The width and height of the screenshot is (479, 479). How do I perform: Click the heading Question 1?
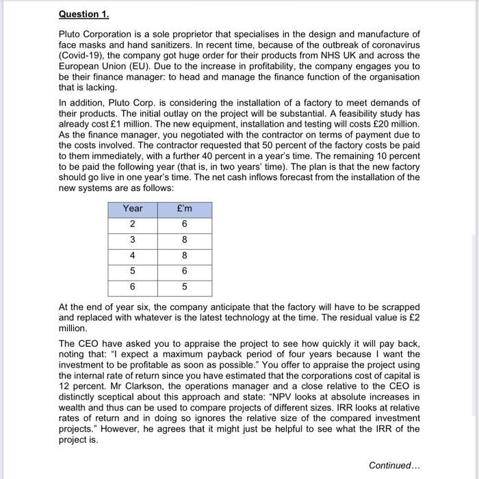[84, 14]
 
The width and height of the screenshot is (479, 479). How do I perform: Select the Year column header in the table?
[133, 209]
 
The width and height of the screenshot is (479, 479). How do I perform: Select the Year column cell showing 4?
[133, 256]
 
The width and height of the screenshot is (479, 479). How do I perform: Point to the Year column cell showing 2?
[133, 224]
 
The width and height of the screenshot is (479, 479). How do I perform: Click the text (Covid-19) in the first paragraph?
[83, 55]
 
